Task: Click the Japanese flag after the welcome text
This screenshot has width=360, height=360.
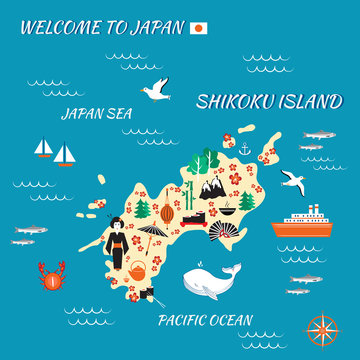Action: [x=198, y=28]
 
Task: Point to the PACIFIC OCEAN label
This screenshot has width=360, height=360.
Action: [x=205, y=321]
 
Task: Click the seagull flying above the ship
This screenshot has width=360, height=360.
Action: [x=293, y=180]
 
